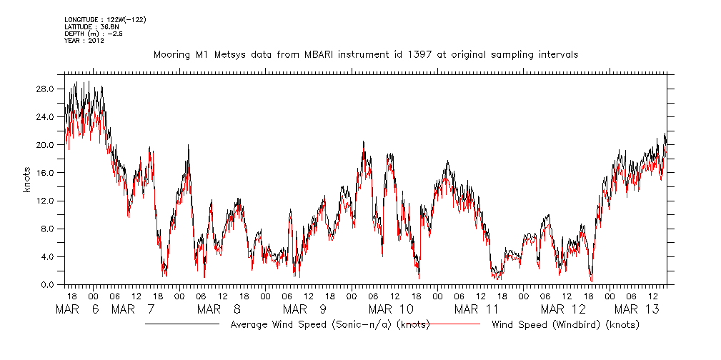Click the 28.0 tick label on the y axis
pyautogui.click(x=46, y=89)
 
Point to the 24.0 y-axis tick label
pyautogui.click(x=46, y=116)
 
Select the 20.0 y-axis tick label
pyautogui.click(x=46, y=144)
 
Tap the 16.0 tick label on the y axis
pyautogui.click(x=46, y=172)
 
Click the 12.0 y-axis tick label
pyautogui.click(x=46, y=201)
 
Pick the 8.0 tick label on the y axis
pyautogui.click(x=49, y=229)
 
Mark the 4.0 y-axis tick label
pyautogui.click(x=49, y=256)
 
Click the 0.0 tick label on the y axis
pyautogui.click(x=49, y=284)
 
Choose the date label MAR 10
pyautogui.click(x=391, y=309)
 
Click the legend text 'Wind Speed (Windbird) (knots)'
pyautogui.click(x=565, y=324)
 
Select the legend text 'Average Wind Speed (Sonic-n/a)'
pyautogui.click(x=312, y=324)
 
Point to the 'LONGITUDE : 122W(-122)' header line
pyautogui.click(x=105, y=19)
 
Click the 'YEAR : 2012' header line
pyautogui.click(x=84, y=40)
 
